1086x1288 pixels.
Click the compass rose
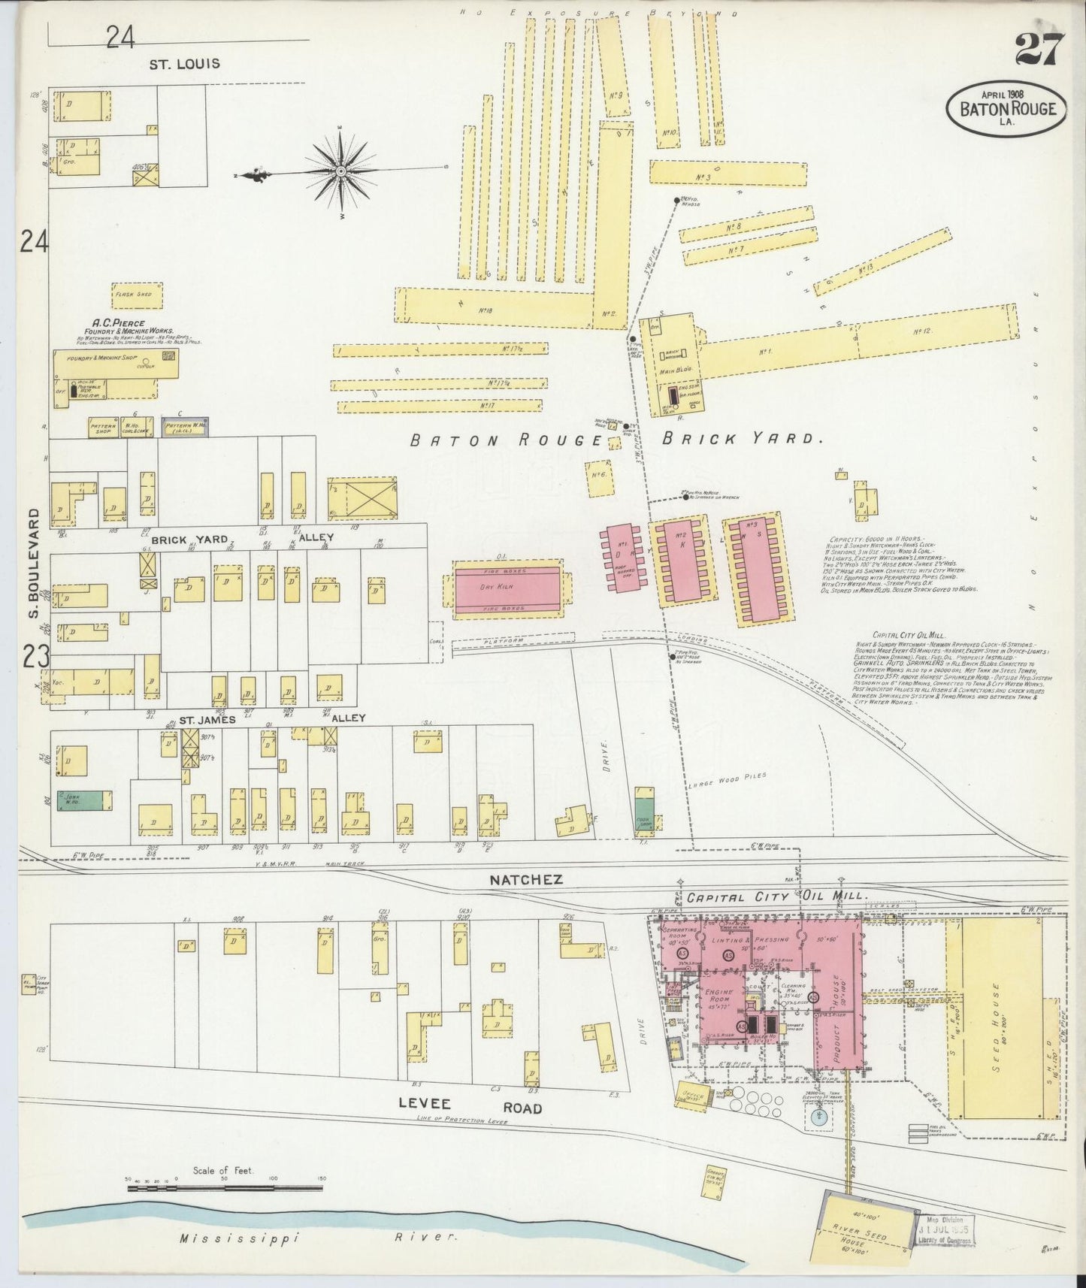340,173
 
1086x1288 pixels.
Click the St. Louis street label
184,64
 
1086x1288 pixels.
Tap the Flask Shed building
135,295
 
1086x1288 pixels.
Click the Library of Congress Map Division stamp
945,1226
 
